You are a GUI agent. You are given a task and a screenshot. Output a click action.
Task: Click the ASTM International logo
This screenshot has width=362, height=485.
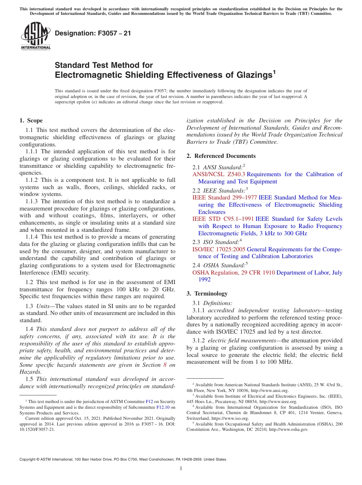click(35, 36)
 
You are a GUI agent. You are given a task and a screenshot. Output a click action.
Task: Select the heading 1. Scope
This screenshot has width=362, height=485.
click(31, 120)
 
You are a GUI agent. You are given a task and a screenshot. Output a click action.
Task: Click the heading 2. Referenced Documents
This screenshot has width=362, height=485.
click(221, 156)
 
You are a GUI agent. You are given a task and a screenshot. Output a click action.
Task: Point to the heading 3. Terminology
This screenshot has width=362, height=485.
click(207, 294)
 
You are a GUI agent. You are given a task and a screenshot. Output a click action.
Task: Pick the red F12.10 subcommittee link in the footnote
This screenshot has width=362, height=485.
click(162, 407)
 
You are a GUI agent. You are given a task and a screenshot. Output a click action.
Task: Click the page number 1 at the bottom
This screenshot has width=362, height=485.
click(181, 469)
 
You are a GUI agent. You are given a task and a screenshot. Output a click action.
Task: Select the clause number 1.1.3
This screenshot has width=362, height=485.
click(33, 201)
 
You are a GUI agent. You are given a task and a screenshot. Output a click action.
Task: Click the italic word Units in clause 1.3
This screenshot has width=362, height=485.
click(43, 306)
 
